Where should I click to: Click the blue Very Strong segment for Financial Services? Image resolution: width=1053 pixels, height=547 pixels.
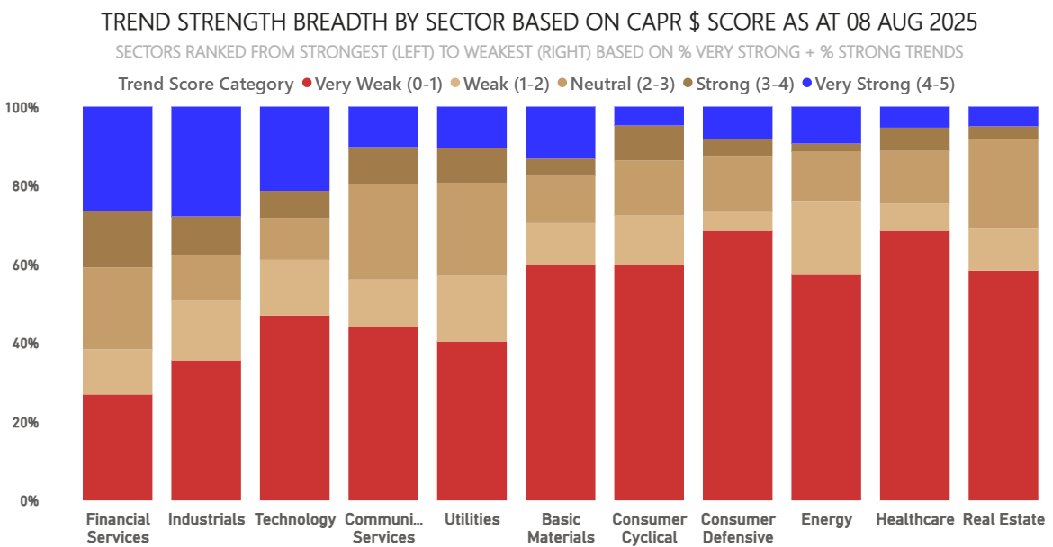(x=117, y=158)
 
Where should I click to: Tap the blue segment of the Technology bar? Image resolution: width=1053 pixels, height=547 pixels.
(x=294, y=148)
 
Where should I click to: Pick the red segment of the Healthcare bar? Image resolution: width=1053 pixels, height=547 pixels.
(x=914, y=365)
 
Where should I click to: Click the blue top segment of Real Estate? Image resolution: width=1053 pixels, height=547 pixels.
(x=1003, y=116)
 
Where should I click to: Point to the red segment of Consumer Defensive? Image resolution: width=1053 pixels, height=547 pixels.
(x=737, y=365)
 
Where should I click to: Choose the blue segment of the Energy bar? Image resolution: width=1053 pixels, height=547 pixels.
(x=826, y=125)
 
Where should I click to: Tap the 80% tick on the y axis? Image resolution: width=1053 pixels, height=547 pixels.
(x=24, y=187)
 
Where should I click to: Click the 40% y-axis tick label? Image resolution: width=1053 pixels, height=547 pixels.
(x=24, y=344)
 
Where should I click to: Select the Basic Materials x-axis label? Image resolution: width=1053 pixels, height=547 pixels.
(x=561, y=528)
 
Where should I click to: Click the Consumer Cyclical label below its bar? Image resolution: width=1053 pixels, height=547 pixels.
(x=649, y=528)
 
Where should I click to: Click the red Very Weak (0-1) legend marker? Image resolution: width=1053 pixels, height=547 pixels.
(x=307, y=84)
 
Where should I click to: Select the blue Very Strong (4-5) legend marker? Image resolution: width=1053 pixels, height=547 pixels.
(x=807, y=84)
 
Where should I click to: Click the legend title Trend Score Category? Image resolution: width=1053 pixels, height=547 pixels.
(x=206, y=85)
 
